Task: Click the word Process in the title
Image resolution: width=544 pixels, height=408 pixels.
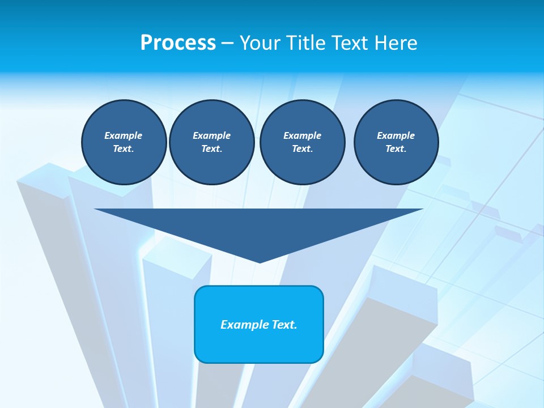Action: pyautogui.click(x=178, y=43)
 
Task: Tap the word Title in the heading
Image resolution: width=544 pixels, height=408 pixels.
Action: pyautogui.click(x=304, y=43)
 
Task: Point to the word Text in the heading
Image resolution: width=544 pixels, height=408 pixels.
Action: pyautogui.click(x=350, y=43)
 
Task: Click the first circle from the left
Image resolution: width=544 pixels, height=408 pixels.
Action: pyautogui.click(x=124, y=142)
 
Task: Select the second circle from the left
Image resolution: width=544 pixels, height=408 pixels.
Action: pyautogui.click(x=211, y=142)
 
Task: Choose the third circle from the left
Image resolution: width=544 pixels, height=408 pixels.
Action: pyautogui.click(x=302, y=142)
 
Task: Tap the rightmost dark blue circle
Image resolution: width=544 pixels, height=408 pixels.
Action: pyautogui.click(x=396, y=142)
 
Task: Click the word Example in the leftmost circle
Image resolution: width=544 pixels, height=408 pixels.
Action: pyautogui.click(x=124, y=135)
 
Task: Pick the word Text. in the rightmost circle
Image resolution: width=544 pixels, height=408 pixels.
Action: pyautogui.click(x=396, y=148)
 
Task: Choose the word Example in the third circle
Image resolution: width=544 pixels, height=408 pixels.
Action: pyautogui.click(x=302, y=135)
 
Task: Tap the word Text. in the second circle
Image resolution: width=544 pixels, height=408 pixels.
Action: pyautogui.click(x=211, y=148)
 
